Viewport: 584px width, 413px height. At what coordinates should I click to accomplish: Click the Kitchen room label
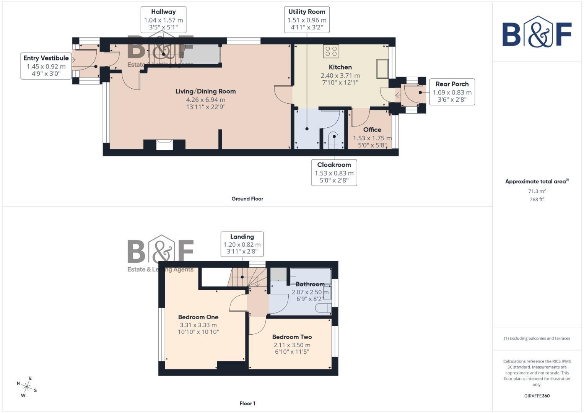coord(340,67)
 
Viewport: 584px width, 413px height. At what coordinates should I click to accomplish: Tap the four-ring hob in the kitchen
coord(331,51)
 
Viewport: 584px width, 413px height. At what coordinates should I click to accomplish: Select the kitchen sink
coord(382,69)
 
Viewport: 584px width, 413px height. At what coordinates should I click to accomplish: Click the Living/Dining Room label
coord(205,91)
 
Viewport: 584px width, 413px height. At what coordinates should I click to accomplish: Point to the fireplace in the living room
coord(164,145)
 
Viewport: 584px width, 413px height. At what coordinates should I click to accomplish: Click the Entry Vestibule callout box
coord(46,66)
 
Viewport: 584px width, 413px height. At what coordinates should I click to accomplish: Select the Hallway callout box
coord(163,20)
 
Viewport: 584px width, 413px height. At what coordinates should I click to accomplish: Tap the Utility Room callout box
coord(307,20)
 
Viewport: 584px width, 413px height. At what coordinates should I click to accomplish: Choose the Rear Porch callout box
coord(452,92)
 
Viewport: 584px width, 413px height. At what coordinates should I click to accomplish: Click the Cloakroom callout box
coord(334,172)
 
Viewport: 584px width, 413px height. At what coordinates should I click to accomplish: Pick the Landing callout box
coord(242,244)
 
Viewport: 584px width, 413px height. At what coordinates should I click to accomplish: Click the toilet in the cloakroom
coord(333,140)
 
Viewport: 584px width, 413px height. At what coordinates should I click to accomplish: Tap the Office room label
coord(372,130)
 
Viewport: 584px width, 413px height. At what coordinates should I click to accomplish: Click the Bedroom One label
coord(198,317)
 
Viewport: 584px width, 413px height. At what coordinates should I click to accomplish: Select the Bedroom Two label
coord(292,337)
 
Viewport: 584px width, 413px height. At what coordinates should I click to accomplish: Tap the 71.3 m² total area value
coord(537,191)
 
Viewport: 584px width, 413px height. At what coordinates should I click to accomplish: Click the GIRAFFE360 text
coord(537,396)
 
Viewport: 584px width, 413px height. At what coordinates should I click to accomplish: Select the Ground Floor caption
coord(247,199)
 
